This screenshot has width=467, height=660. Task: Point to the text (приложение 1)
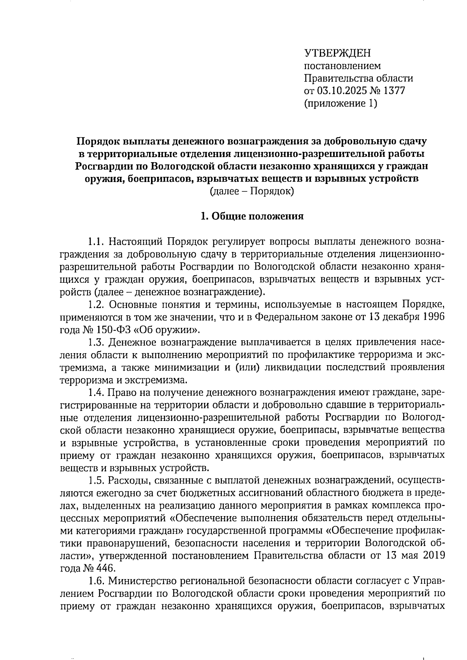[x=341, y=104]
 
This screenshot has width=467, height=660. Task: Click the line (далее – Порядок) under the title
[x=251, y=191]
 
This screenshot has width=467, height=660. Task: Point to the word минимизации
[x=184, y=368]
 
